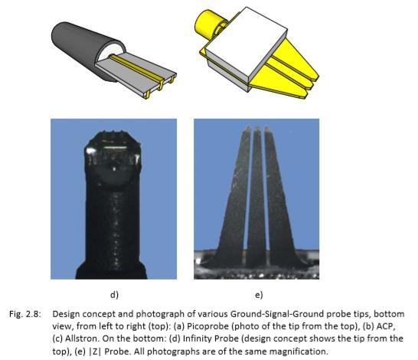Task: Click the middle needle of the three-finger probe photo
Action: pos(256,198)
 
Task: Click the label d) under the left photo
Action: pos(114,295)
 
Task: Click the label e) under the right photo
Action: pos(259,295)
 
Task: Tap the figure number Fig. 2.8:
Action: pos(25,314)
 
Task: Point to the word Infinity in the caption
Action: pos(198,339)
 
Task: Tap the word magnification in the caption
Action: pos(299,352)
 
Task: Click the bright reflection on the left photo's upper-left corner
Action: pos(90,151)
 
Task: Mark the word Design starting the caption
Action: pos(65,314)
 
